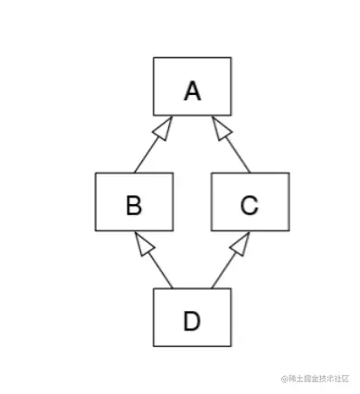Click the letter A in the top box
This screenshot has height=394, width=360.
191,90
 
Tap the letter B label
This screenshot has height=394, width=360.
133,206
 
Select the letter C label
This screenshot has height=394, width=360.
250,206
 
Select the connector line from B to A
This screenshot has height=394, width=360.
147,154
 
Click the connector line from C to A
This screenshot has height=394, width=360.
236,154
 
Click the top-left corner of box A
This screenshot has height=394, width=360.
153,58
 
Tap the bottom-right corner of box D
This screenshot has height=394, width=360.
230,346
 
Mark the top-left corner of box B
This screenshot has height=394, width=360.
95,174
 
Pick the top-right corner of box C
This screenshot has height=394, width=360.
288,174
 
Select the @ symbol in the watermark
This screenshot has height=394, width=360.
284,377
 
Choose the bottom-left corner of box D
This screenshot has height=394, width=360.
153,346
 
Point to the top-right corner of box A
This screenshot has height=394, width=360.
230,58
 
